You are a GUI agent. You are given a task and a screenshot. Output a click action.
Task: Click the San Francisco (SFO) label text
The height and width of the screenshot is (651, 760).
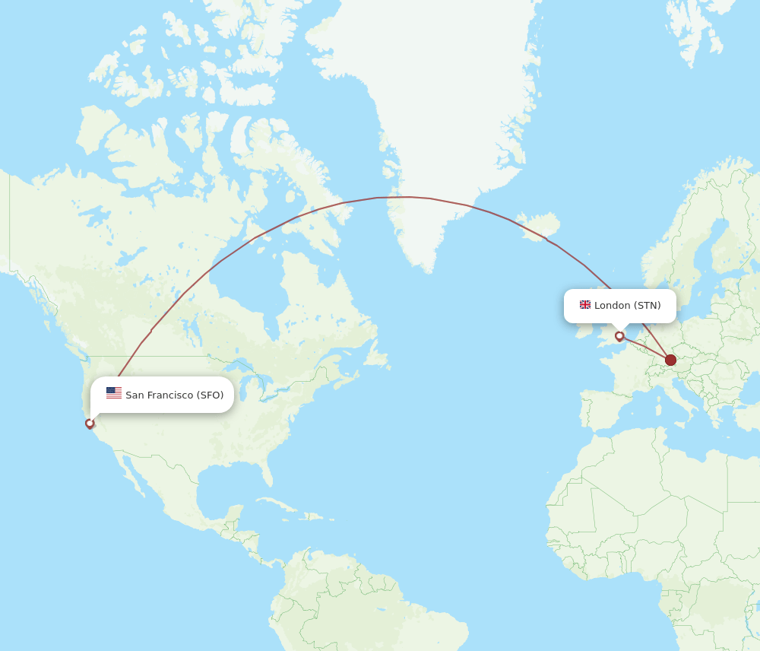point(174,395)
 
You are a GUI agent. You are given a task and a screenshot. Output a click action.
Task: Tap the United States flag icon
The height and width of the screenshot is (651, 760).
point(114,393)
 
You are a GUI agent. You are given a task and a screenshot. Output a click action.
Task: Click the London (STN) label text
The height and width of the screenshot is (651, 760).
point(627,306)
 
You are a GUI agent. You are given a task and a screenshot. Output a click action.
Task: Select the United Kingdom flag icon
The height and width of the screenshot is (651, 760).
point(585,305)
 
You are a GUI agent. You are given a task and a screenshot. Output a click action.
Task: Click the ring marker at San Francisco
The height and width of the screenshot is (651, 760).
point(90,424)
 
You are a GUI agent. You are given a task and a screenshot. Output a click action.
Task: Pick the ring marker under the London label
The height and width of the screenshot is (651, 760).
point(619,336)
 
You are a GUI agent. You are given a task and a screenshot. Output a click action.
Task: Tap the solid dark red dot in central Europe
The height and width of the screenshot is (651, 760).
point(670,360)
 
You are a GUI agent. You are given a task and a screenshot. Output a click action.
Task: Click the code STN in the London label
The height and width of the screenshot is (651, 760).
point(648,306)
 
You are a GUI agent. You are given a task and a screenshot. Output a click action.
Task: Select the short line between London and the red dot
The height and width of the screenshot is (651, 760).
point(644,348)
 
